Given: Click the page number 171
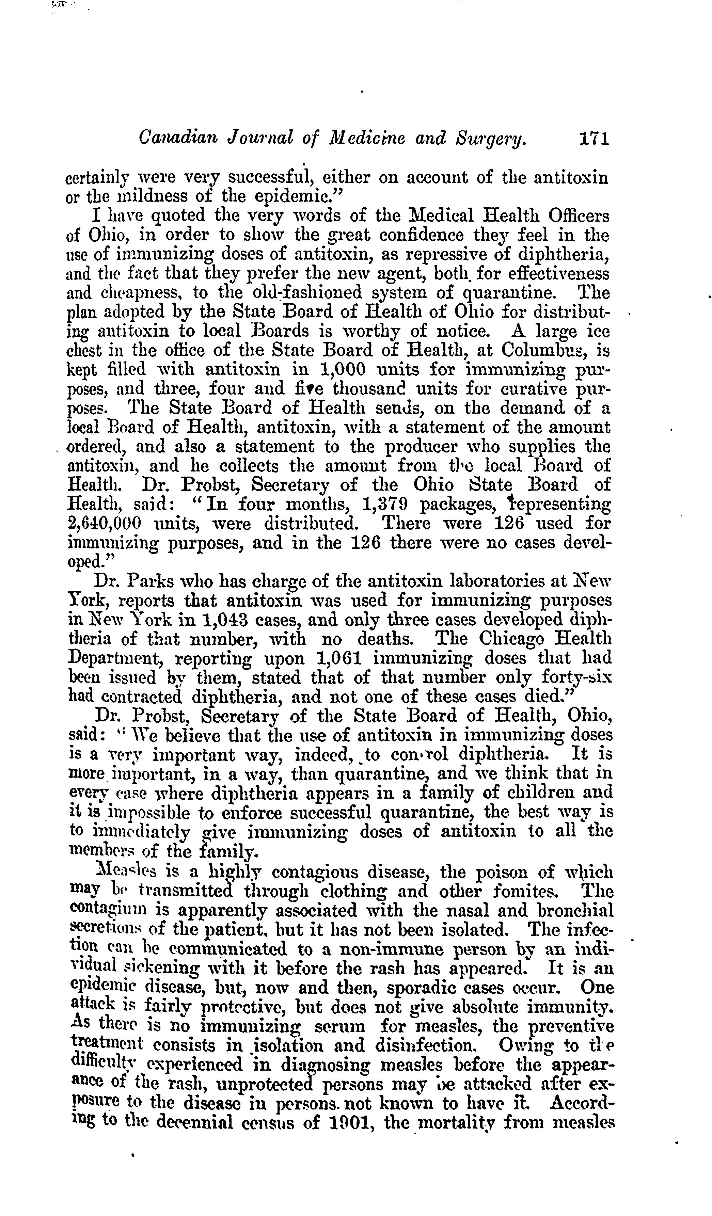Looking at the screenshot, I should (593, 140).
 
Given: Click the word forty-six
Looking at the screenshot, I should (577, 678).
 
